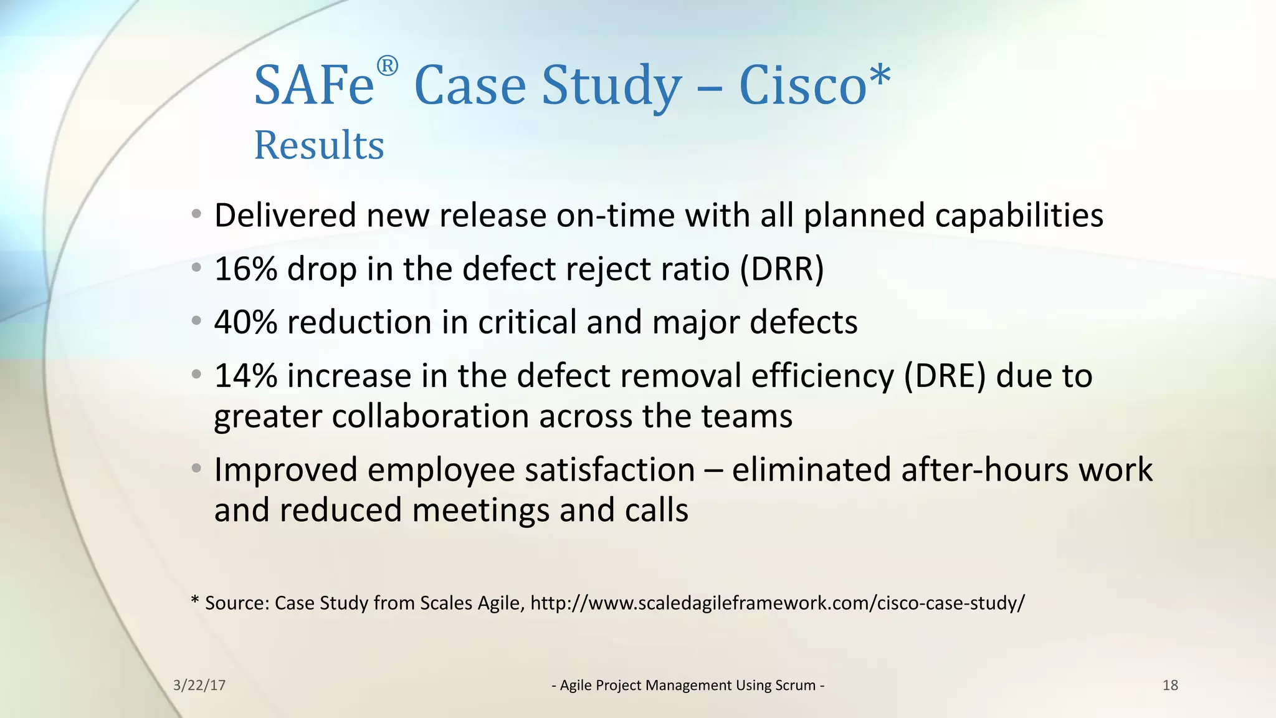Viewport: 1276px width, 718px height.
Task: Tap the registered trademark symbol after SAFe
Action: tap(387, 66)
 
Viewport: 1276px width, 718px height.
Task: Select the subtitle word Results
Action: tap(319, 145)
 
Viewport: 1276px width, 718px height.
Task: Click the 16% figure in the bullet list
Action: tap(245, 269)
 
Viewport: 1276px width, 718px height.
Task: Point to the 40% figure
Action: tap(245, 323)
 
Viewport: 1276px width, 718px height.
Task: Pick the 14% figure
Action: tap(245, 376)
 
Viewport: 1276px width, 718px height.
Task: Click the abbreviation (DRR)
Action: tap(782, 269)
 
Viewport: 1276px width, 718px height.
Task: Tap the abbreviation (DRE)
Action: tap(945, 376)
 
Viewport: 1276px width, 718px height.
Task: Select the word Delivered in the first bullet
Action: tap(285, 216)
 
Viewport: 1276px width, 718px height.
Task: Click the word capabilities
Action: tap(1019, 216)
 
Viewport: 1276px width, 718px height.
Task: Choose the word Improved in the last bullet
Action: tap(285, 470)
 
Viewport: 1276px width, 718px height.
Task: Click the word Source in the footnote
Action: tap(237, 603)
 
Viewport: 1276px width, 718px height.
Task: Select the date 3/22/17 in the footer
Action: tap(199, 686)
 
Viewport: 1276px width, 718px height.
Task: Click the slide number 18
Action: tap(1170, 686)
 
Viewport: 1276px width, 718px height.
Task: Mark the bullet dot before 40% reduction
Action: tap(197, 322)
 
